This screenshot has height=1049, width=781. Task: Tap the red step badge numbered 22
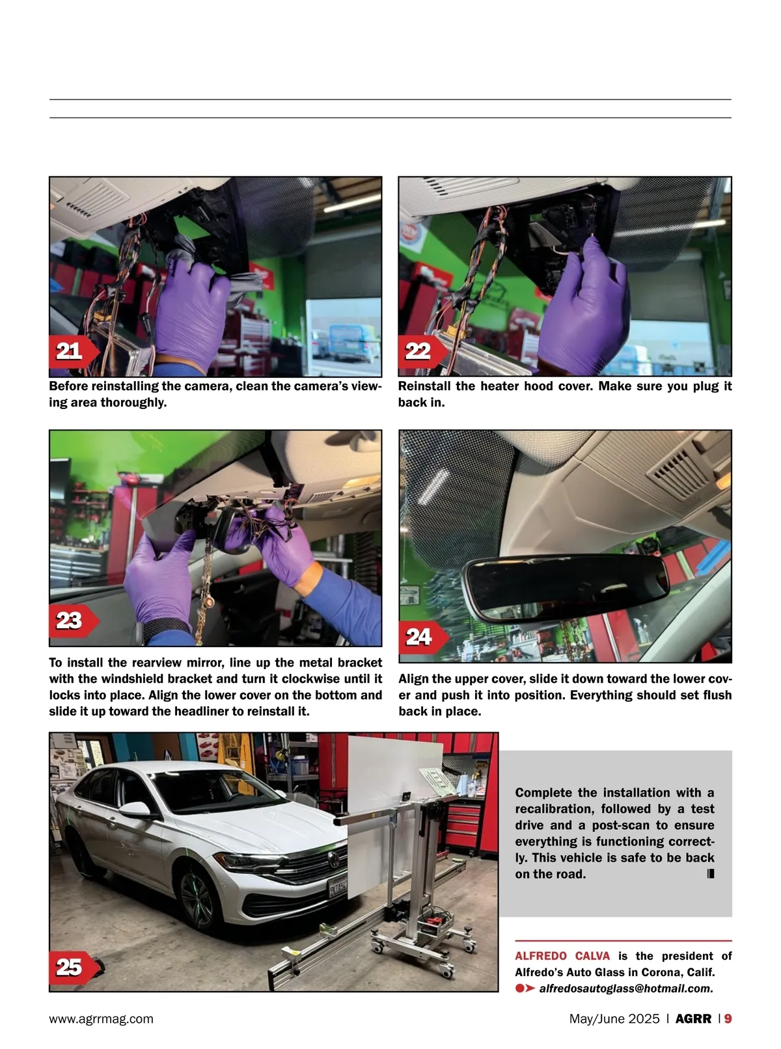coord(422,351)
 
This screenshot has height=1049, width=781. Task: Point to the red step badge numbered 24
coord(423,637)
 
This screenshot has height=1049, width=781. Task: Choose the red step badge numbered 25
coord(74,967)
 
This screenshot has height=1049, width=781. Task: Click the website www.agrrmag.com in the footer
coord(102,1018)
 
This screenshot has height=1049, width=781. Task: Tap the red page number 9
coord(728,1018)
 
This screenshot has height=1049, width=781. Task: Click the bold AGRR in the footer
coord(693,1018)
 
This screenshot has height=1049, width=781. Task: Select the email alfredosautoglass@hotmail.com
coord(626,989)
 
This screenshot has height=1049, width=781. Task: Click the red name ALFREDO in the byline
coord(541,956)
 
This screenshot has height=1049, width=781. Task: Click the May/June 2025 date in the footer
coord(614,1018)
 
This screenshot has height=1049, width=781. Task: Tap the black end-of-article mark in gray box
coord(711,873)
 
